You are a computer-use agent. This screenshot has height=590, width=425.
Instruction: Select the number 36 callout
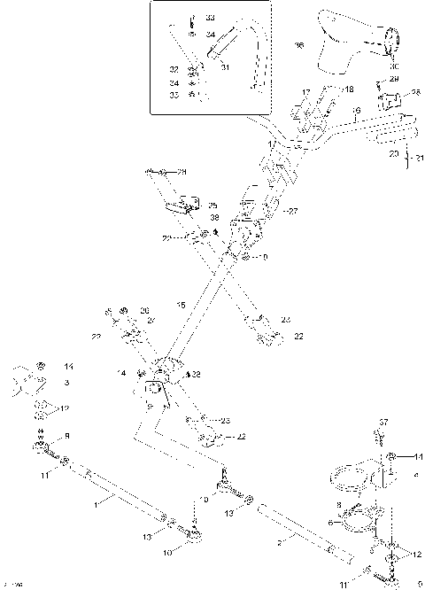tap(298, 44)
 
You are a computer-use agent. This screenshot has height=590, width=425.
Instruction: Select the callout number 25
tap(212, 205)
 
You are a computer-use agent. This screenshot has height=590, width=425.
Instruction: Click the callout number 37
tap(383, 421)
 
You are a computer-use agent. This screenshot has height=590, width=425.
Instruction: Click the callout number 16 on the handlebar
tap(357, 112)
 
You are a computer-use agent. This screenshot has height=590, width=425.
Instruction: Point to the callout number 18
tap(349, 89)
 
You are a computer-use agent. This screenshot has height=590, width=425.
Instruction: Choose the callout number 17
tap(305, 92)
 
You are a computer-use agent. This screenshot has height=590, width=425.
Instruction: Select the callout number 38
tap(212, 218)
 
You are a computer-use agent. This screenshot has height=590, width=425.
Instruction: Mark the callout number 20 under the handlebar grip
tap(394, 153)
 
